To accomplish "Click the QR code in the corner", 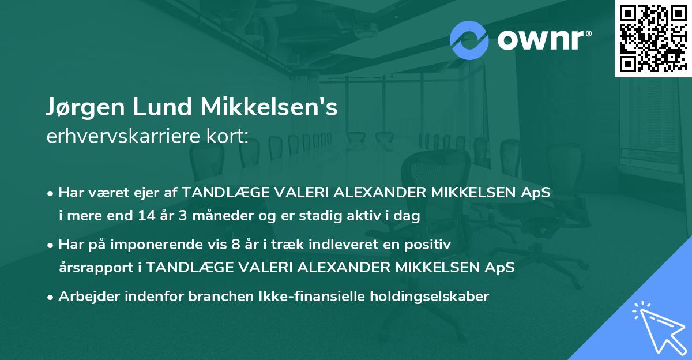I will pyautogui.click(x=653, y=38).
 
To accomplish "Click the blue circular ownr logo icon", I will pyautogui.click(x=469, y=40).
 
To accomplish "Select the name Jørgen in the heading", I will pyautogui.click(x=84, y=108).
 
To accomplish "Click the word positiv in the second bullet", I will pyautogui.click(x=430, y=244).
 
